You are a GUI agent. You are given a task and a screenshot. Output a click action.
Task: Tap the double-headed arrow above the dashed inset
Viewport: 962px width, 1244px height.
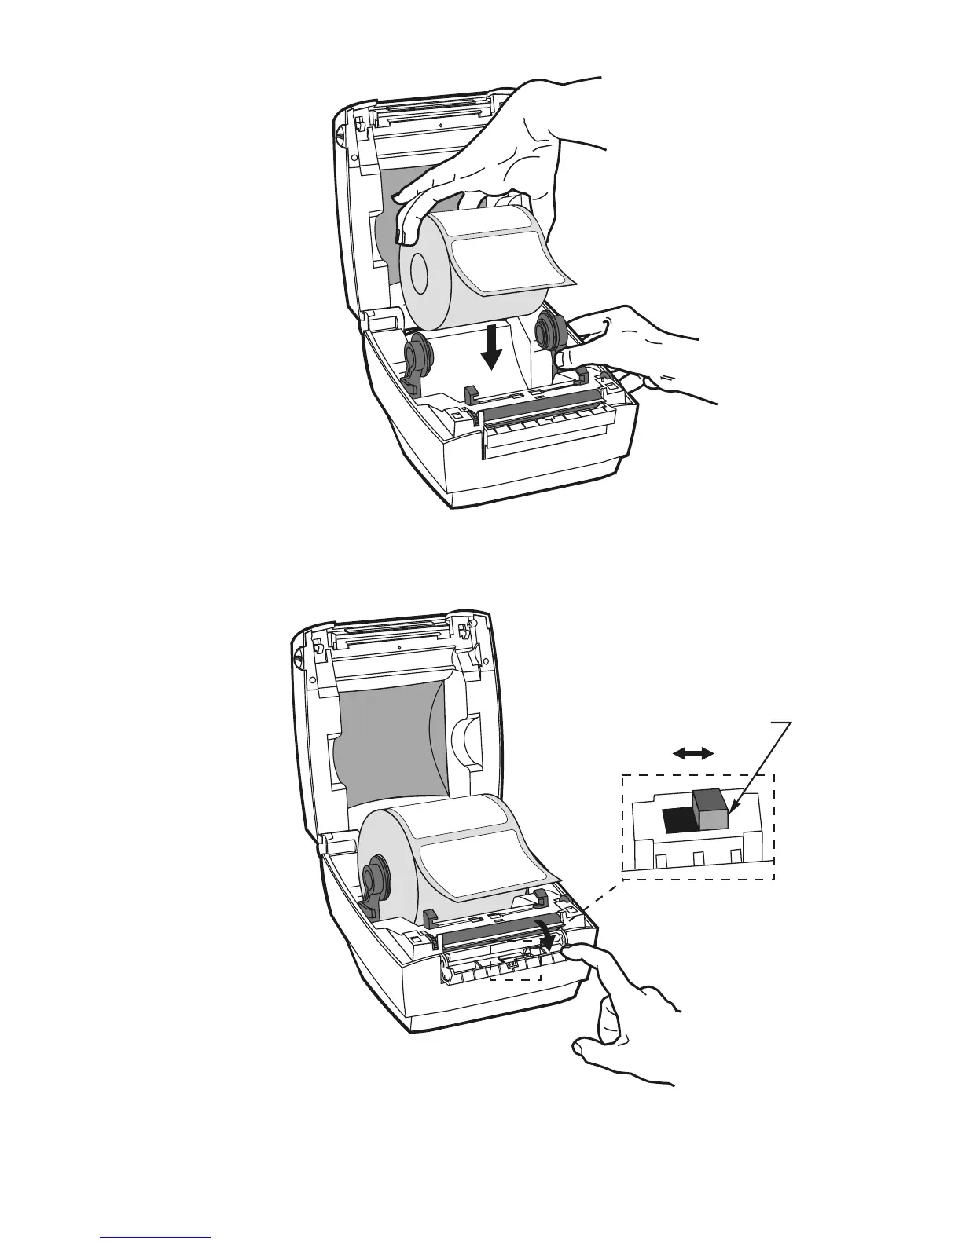[694, 753]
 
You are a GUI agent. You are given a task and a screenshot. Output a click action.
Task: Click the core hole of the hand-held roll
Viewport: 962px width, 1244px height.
[417, 274]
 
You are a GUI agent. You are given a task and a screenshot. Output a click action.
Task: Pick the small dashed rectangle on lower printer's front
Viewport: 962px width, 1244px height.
[516, 968]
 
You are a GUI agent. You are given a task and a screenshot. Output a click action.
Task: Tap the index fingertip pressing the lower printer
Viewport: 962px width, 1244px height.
[578, 952]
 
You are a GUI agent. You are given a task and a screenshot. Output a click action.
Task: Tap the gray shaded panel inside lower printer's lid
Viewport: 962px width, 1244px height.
[385, 746]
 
